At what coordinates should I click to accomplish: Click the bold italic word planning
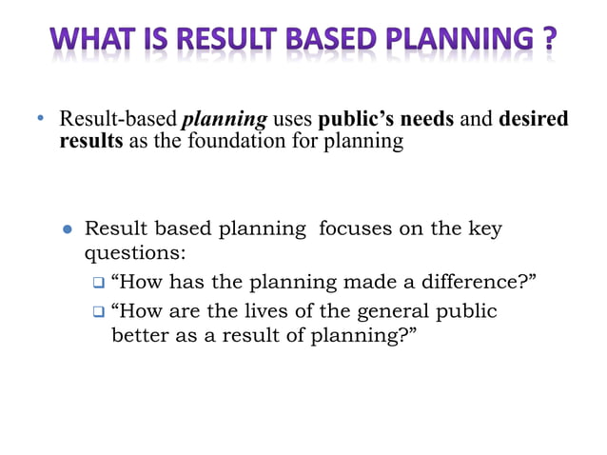click(225, 120)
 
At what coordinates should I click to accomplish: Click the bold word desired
click(533, 120)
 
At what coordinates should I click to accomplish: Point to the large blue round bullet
click(68, 230)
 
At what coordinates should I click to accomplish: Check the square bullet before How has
click(98, 283)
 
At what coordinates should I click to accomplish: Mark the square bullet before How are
click(98, 311)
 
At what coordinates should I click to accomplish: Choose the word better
click(141, 335)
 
